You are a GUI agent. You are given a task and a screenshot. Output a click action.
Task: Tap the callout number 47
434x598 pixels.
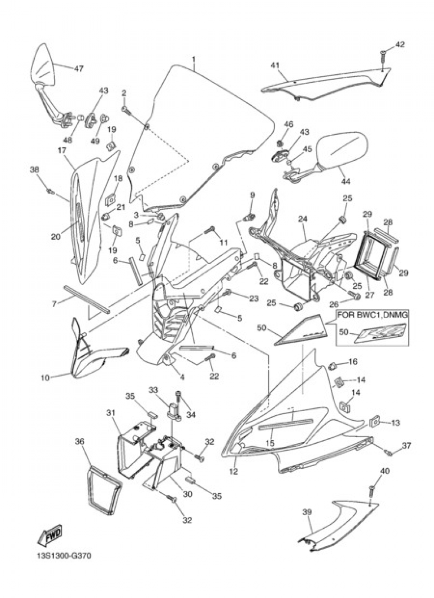[79, 68]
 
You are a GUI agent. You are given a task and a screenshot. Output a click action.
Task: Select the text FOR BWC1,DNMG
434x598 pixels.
[372, 315]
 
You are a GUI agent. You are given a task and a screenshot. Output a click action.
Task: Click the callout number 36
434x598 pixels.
[79, 442]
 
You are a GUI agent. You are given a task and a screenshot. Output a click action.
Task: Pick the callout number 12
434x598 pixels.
[234, 471]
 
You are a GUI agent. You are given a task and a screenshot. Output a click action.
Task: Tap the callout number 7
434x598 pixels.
[55, 304]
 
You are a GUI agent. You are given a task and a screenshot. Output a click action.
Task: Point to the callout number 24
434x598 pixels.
[302, 219]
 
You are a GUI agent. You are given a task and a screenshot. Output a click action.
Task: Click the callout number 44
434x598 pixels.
[346, 182]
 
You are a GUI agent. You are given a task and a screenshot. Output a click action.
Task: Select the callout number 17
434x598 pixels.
[62, 151]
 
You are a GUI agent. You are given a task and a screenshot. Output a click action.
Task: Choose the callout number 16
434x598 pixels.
[353, 362]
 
